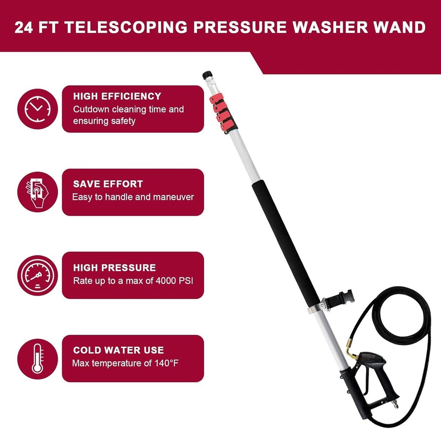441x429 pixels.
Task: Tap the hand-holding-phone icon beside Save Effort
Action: pos(37,192)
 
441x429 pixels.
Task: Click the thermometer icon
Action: pos(37,358)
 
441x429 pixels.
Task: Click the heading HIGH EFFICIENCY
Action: pos(117,96)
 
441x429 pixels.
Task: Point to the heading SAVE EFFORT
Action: pos(108,184)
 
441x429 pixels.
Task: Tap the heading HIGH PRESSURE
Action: pos(114,267)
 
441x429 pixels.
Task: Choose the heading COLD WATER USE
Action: pos(118,350)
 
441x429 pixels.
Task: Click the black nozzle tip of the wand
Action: pos(206,75)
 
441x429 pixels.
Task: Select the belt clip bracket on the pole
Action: pos(339,298)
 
